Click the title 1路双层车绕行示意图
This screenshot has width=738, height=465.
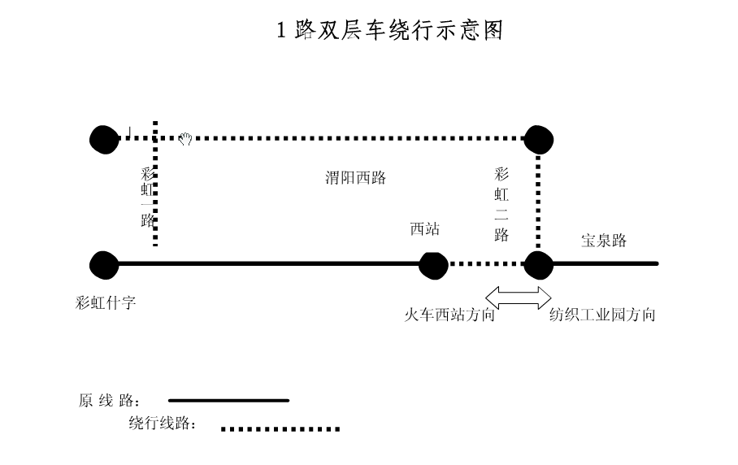(389, 29)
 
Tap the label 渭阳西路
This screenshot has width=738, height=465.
(355, 177)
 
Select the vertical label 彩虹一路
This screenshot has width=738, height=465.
(148, 198)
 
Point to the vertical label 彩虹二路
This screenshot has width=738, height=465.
(501, 205)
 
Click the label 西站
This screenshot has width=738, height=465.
(425, 228)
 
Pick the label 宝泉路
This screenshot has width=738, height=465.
(604, 241)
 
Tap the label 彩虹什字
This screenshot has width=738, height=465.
(106, 302)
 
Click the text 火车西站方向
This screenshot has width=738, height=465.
(449, 315)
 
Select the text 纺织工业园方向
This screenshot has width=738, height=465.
(602, 315)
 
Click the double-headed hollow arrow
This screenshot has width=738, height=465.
(519, 298)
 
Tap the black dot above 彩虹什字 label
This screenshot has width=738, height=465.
(104, 266)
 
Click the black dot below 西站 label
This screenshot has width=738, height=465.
(433, 266)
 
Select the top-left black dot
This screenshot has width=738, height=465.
(104, 140)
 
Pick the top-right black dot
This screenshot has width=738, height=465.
(538, 140)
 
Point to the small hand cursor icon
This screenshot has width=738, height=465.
(185, 138)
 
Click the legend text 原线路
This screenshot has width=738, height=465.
(109, 401)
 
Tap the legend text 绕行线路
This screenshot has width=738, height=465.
(162, 423)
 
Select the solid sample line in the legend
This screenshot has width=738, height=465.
(228, 401)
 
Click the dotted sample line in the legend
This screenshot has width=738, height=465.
(280, 428)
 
